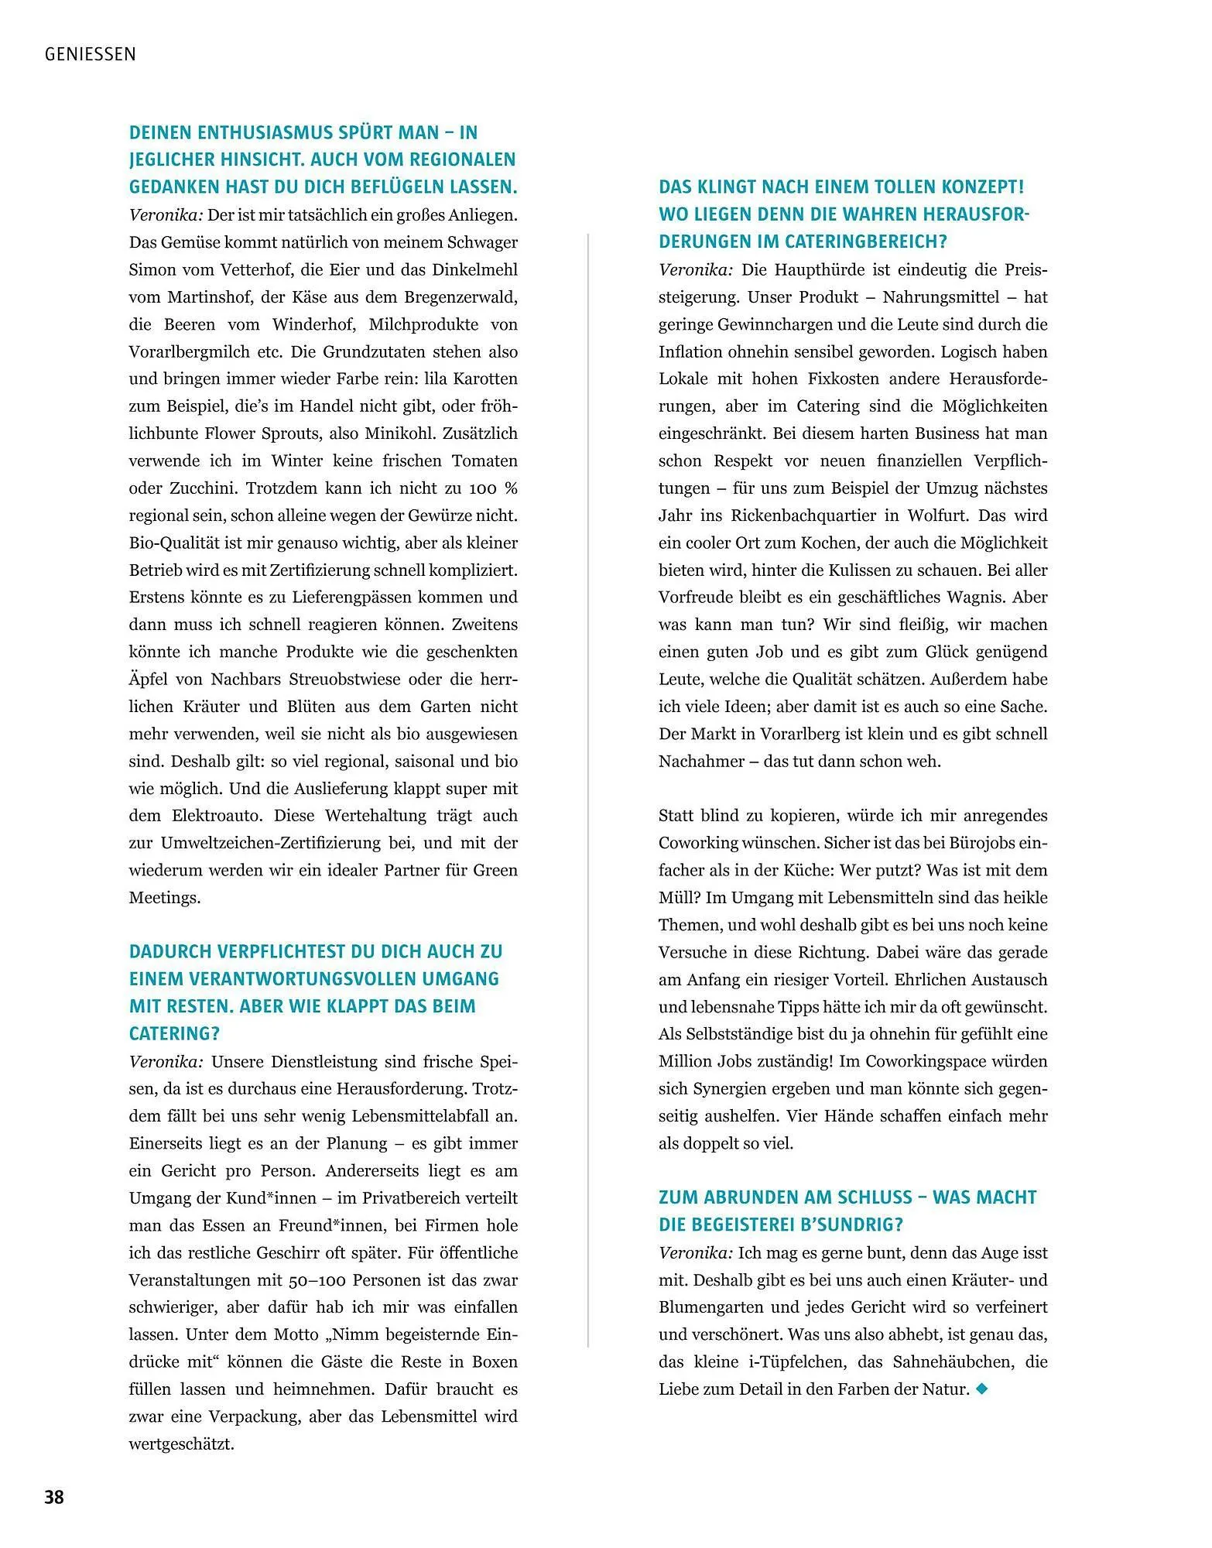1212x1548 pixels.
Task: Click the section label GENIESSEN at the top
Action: pos(91,54)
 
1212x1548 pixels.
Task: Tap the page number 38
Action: pos(54,1497)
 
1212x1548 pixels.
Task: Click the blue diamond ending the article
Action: pos(982,1389)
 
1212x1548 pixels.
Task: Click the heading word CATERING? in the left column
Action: pos(174,1033)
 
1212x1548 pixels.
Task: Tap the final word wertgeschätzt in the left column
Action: pos(181,1444)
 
